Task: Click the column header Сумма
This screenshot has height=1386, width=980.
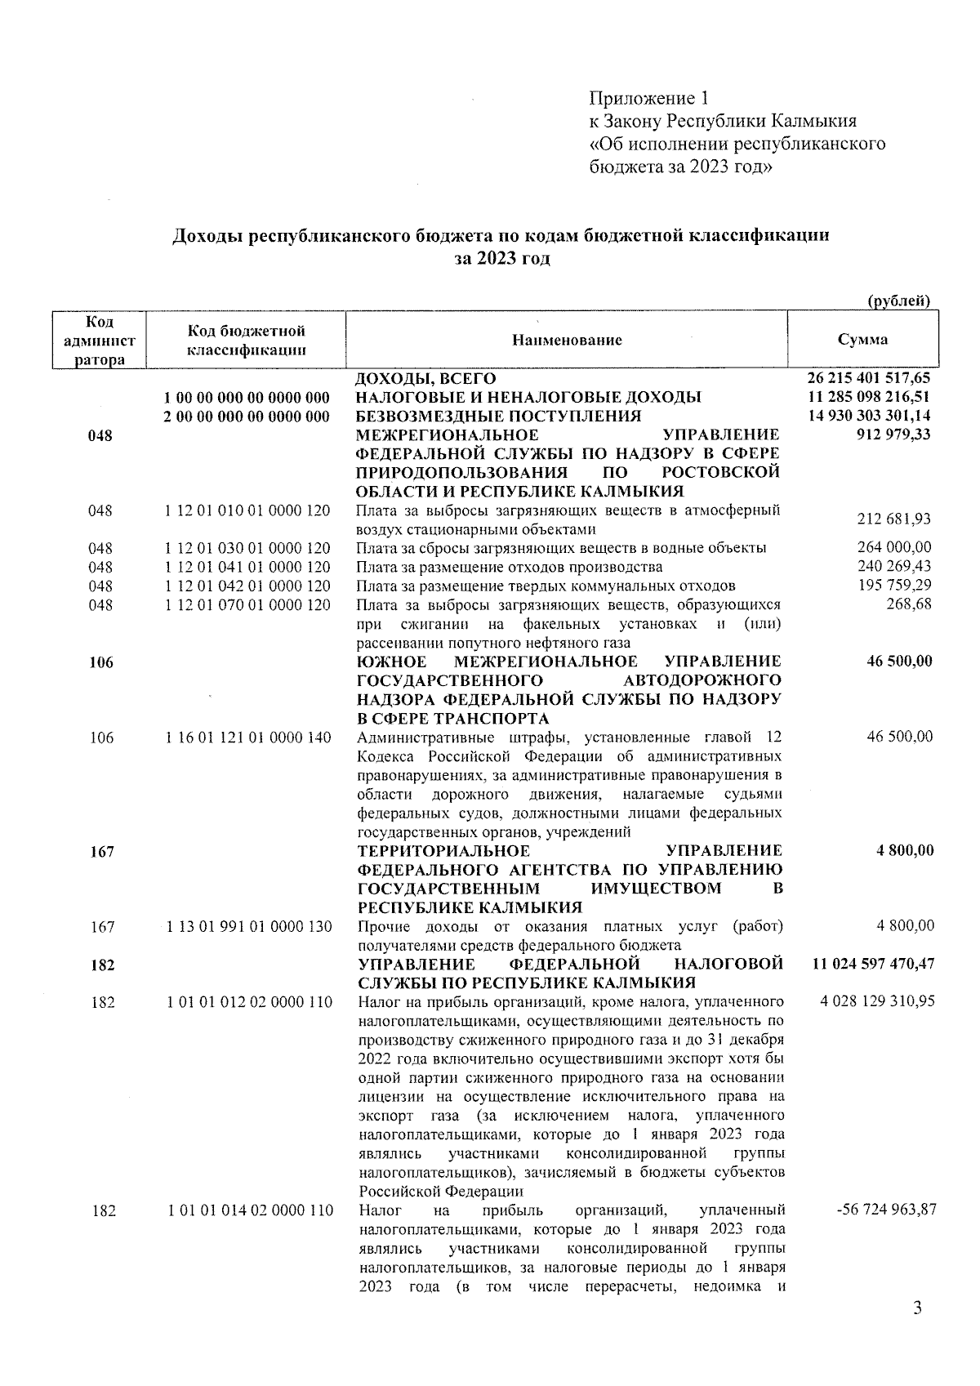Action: (862, 340)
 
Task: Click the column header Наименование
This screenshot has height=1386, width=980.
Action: (567, 340)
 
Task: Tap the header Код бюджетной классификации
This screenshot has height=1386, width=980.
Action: (247, 341)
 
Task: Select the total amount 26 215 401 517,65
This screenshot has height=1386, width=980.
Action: (868, 379)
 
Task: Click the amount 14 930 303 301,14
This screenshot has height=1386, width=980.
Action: (868, 417)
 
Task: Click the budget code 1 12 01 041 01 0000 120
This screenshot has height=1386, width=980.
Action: (247, 567)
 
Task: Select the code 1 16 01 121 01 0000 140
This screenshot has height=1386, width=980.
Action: (247, 738)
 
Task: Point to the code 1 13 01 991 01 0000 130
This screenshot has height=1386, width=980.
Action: (247, 927)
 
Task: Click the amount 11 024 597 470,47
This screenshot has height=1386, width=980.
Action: (873, 965)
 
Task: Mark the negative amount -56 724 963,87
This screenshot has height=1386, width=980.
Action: (886, 1210)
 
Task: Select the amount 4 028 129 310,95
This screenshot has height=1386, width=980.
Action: (877, 1001)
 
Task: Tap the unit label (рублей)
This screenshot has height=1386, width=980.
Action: (898, 301)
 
